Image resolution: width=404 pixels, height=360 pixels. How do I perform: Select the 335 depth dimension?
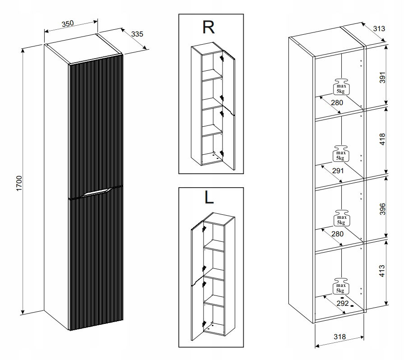click(x=137, y=34)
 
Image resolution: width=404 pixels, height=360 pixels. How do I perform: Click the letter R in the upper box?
click(x=208, y=28)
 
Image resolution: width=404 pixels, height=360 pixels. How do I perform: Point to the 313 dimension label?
click(x=379, y=29)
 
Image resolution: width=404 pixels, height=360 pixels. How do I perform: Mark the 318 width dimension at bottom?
click(x=340, y=337)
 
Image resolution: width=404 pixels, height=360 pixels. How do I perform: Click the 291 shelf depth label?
click(x=338, y=171)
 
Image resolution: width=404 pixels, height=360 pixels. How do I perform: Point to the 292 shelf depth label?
click(x=343, y=303)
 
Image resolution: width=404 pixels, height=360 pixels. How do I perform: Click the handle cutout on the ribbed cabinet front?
click(x=96, y=192)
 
